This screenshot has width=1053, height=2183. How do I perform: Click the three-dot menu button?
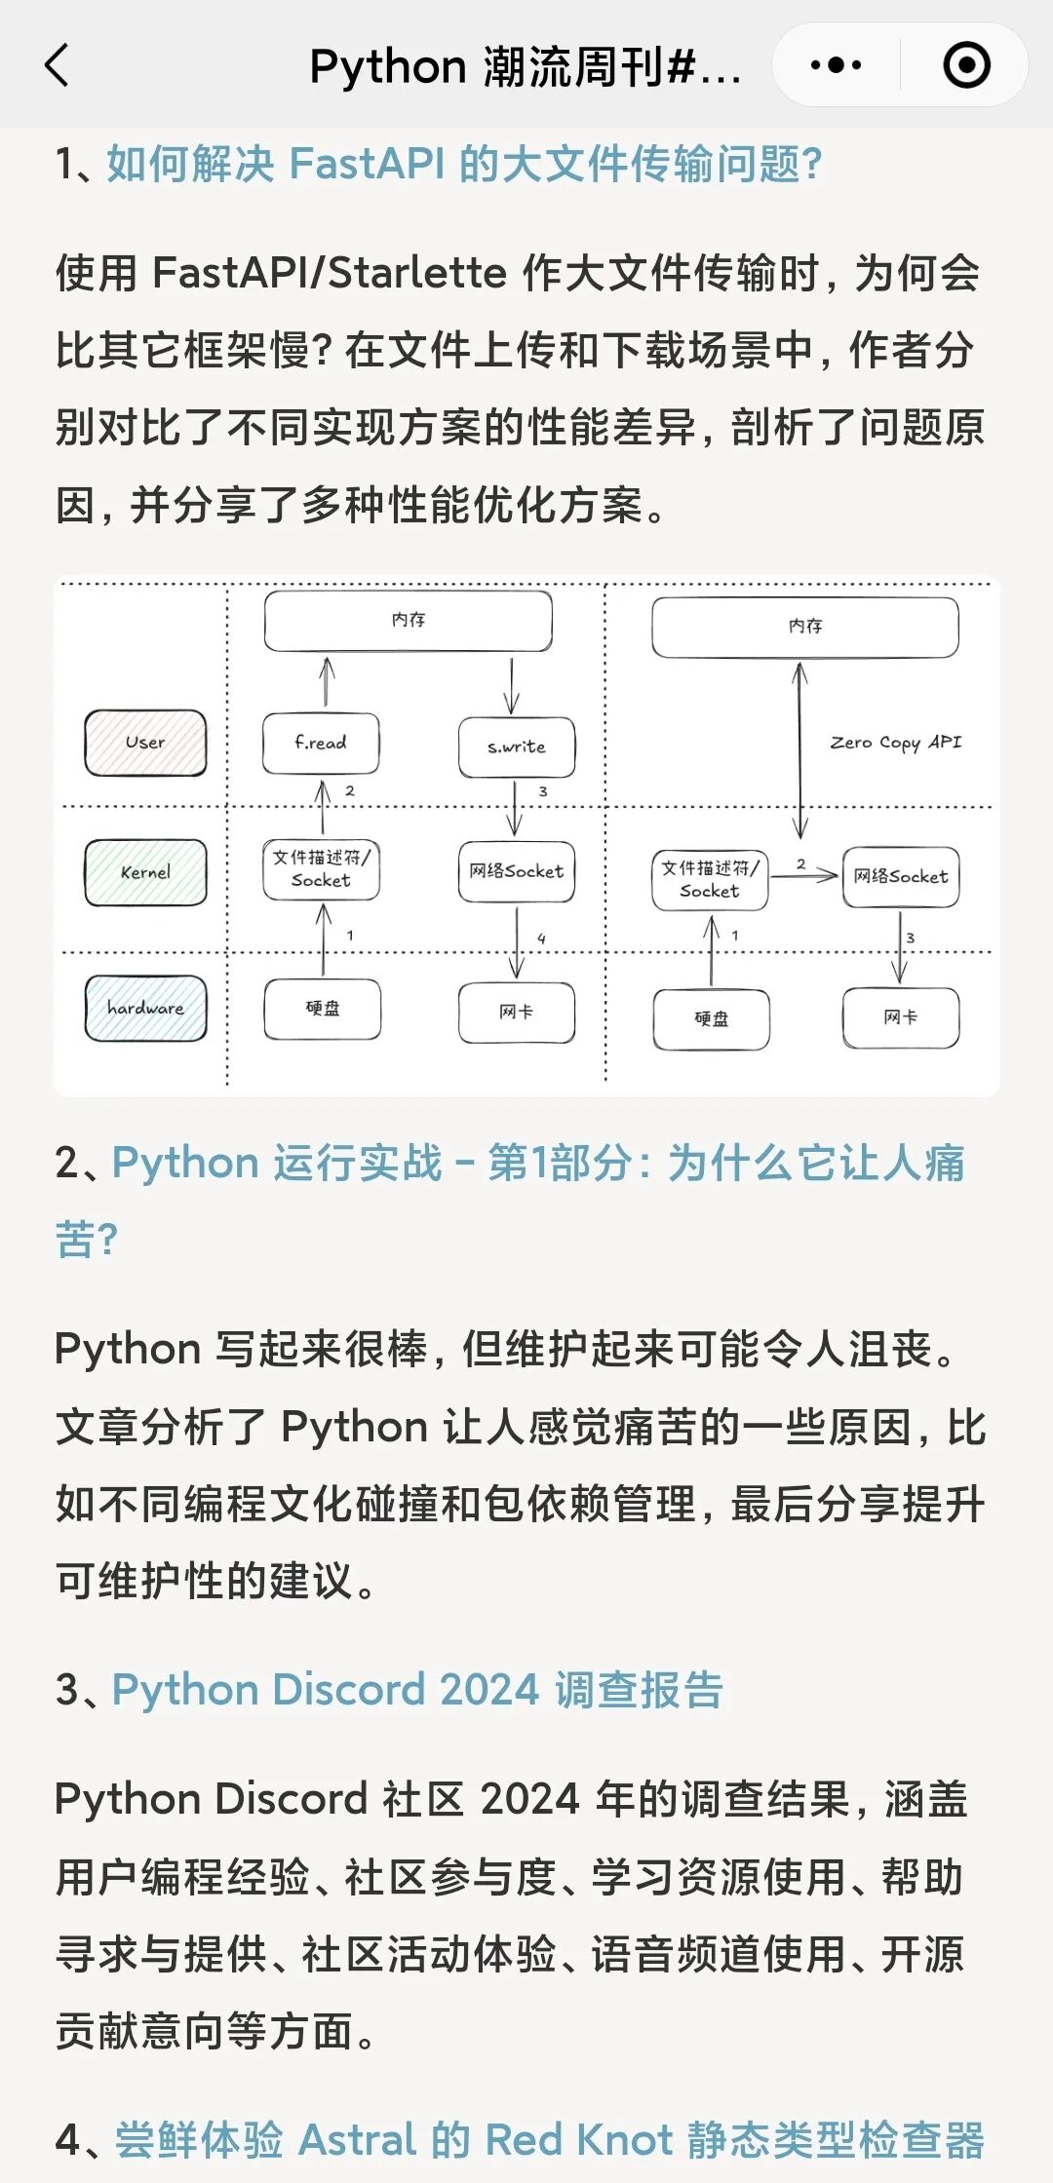click(x=836, y=66)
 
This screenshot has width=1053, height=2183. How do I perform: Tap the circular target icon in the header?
click(x=966, y=66)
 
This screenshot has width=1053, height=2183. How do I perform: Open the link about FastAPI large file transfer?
click(x=464, y=164)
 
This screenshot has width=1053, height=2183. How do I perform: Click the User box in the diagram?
click(x=145, y=743)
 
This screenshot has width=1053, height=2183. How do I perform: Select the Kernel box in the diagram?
click(x=145, y=872)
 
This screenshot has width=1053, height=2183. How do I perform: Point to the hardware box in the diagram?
click(x=145, y=1009)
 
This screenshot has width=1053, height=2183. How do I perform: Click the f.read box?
click(x=321, y=744)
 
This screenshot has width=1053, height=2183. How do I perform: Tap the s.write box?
click(x=517, y=747)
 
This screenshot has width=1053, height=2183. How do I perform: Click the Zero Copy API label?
click(x=895, y=743)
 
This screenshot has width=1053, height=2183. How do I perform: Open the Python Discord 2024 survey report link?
click(x=417, y=1689)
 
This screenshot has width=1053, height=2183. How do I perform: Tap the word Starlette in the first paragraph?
click(x=417, y=273)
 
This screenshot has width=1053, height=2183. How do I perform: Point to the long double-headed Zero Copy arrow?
click(x=800, y=750)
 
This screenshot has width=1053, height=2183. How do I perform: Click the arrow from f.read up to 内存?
click(x=328, y=682)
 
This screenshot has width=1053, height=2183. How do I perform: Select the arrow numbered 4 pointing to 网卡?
click(x=517, y=942)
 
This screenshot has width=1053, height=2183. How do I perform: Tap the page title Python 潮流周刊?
click(x=525, y=66)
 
